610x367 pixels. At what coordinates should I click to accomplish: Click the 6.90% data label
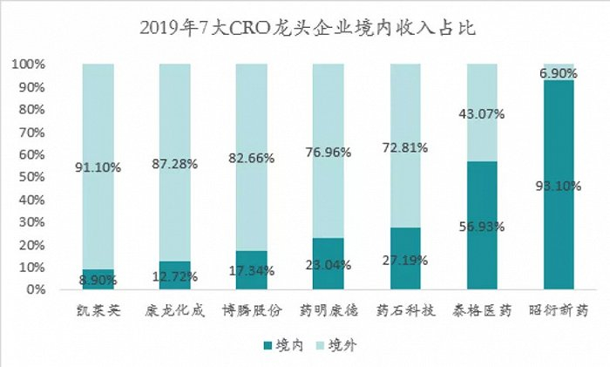(559, 74)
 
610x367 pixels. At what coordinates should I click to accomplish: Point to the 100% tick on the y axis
(30, 65)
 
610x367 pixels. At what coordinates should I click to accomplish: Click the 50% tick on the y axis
(33, 178)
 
